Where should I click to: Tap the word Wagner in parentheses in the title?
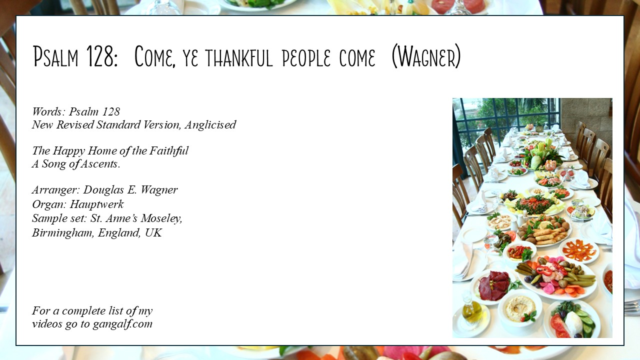coord(426,56)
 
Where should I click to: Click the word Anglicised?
coord(210,125)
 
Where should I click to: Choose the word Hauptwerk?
coord(96,204)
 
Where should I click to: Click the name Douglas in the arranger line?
coord(103,190)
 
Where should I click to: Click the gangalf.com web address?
coord(122,324)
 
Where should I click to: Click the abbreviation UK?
coord(153,233)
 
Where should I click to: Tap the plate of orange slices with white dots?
coord(578,251)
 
